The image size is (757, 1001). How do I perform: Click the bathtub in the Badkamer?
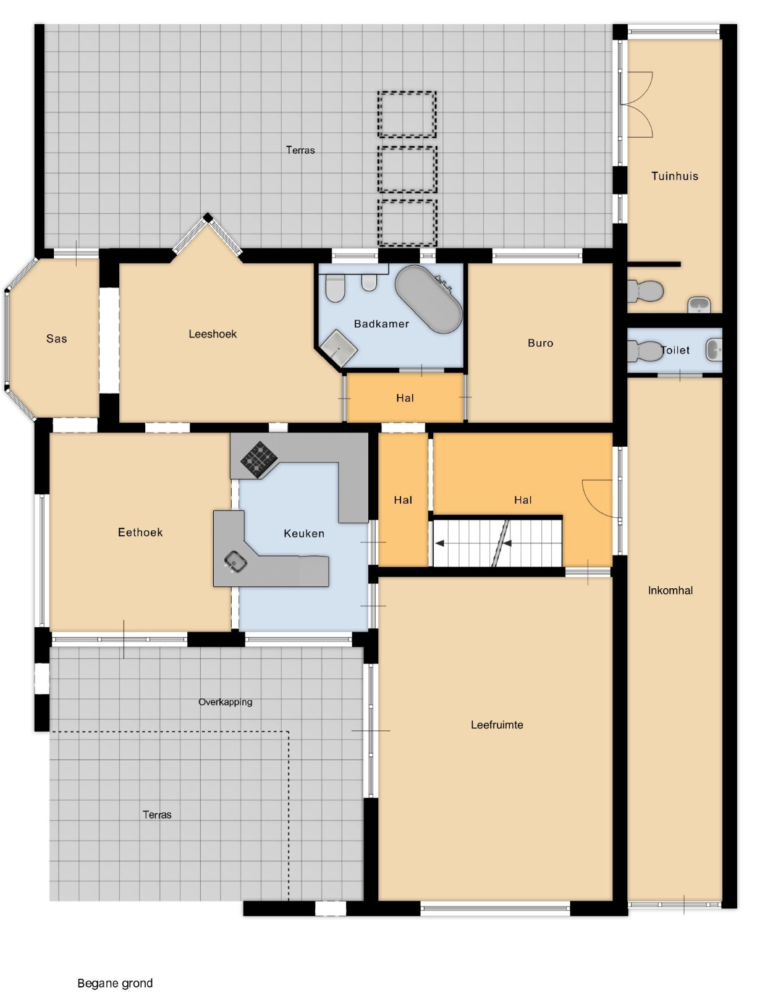coord(428,298)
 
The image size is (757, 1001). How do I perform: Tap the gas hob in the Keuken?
coord(259,458)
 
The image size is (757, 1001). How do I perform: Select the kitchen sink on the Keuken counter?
coord(235,561)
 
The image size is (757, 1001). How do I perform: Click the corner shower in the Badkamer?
coord(339,348)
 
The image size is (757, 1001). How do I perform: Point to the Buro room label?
coord(540,343)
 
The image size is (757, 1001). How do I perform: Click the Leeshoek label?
coord(213,334)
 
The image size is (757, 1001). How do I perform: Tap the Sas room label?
coord(57,339)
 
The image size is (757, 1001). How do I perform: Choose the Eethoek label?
coord(140,532)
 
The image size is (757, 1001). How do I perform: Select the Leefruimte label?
coord(497,725)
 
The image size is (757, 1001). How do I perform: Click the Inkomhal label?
coord(670,591)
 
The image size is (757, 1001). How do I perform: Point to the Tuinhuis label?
coord(674,176)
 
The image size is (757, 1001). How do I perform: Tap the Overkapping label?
coord(226,702)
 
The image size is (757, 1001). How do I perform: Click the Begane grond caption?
coord(115,983)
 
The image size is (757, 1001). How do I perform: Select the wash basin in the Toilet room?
coord(714,350)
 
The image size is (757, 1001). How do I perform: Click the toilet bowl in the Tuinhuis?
coord(645,290)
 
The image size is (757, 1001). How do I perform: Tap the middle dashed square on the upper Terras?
coord(407,169)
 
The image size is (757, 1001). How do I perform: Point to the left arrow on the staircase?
coord(439,543)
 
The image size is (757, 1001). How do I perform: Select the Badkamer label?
coord(381,324)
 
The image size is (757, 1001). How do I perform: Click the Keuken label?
coord(303,533)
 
